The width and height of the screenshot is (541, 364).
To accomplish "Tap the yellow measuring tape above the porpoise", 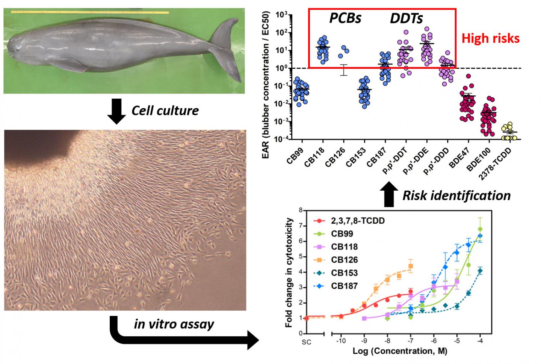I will [x=90, y=12].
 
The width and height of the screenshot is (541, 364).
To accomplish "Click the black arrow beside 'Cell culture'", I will [x=116, y=111].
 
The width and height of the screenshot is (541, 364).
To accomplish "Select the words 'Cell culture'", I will [x=165, y=110].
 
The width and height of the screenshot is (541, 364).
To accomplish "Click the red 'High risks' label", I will [x=490, y=38].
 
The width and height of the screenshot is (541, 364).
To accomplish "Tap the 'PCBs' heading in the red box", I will [x=345, y=18].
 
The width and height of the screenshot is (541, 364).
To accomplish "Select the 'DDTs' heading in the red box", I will [x=406, y=18].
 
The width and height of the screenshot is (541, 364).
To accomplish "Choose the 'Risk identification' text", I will [x=456, y=195].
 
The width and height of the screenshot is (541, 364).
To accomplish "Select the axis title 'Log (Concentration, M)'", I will [x=400, y=351].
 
